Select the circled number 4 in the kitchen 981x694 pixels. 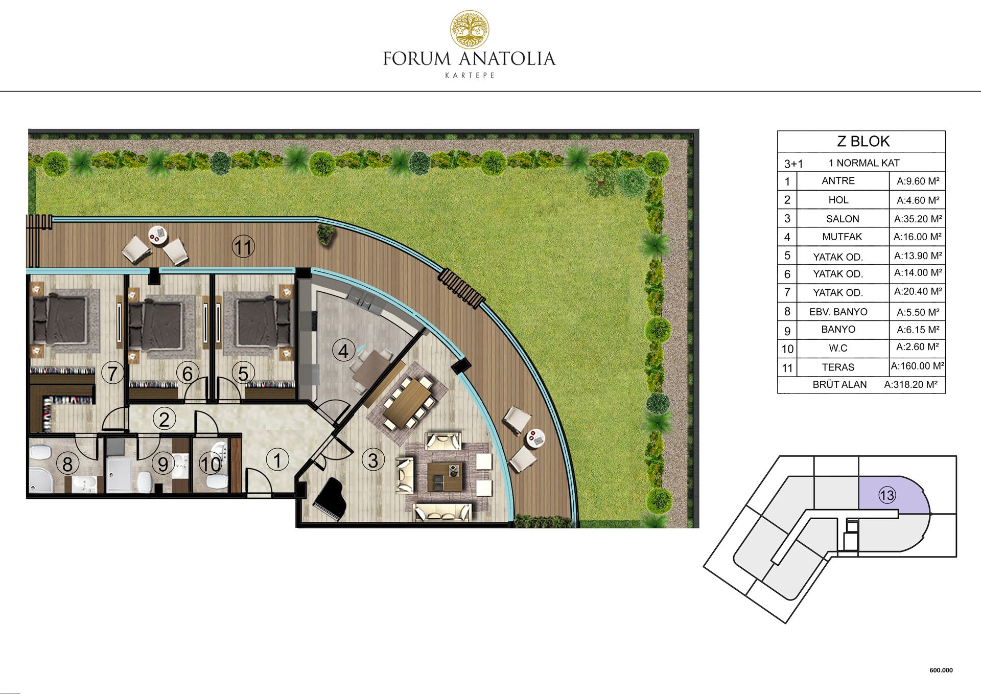(x=343, y=351)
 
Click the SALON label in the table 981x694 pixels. (x=843, y=219)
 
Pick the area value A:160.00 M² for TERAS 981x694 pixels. (x=918, y=366)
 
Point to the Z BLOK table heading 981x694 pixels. (x=863, y=141)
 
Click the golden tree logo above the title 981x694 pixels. (x=469, y=30)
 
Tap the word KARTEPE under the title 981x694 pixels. (x=470, y=75)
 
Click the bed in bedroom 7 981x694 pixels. (x=60, y=319)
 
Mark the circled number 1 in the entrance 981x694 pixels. (x=277, y=460)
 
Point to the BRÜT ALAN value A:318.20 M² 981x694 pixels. (x=911, y=384)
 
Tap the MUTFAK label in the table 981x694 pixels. (x=842, y=237)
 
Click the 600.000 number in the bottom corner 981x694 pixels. (x=941, y=670)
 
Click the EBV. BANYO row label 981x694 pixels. (x=838, y=312)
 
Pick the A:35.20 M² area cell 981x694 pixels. (x=918, y=219)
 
